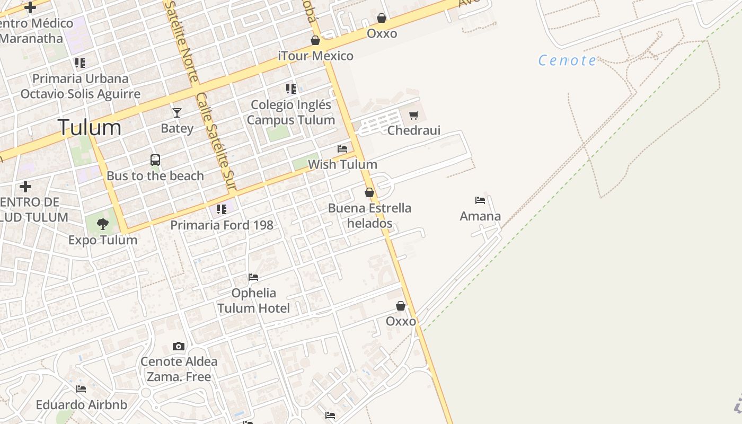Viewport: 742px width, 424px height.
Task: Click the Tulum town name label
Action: (90, 128)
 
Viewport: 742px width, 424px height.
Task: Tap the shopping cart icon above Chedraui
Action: (414, 115)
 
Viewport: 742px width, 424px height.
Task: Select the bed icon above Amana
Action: (480, 200)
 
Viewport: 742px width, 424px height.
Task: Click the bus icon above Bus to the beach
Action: (155, 160)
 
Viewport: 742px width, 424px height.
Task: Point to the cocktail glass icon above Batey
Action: (177, 112)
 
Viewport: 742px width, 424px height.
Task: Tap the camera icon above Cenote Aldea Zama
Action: (179, 347)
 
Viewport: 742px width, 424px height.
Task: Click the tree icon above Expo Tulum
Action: (103, 224)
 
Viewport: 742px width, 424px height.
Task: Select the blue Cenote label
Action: (567, 60)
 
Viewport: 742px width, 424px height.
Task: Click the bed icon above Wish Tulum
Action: (342, 149)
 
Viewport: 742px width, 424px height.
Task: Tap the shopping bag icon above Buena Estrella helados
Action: (369, 192)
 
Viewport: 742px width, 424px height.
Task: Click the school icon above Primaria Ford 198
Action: (222, 209)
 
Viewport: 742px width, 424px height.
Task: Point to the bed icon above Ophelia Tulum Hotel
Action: (253, 277)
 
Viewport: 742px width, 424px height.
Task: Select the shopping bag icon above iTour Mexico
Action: (315, 40)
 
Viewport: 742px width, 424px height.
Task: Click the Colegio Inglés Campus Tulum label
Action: (291, 112)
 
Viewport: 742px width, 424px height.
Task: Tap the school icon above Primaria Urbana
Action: (80, 63)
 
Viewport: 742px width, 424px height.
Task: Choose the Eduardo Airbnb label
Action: (82, 405)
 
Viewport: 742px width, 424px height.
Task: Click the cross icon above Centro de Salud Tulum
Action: (25, 187)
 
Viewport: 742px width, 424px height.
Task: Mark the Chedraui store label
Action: (414, 130)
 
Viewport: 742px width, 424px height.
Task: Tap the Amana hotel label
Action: (480, 216)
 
